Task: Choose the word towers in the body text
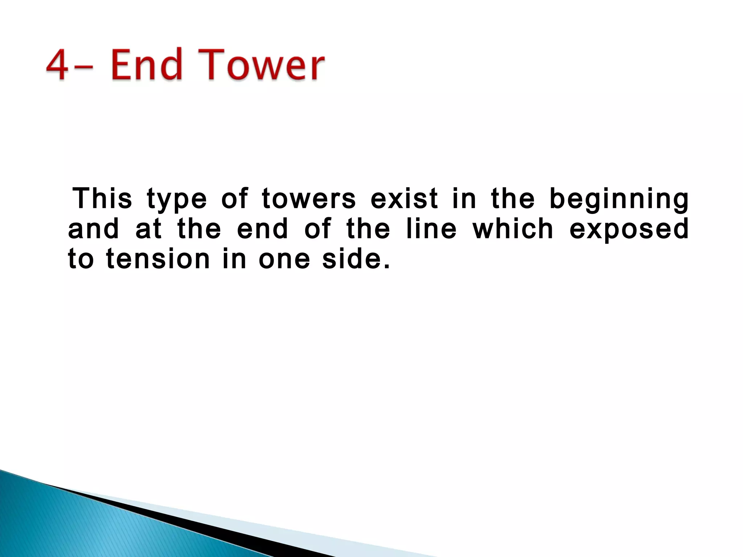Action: (309, 199)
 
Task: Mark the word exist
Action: (404, 199)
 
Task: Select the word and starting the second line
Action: (94, 229)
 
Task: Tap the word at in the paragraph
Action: (149, 229)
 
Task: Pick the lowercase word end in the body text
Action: (263, 229)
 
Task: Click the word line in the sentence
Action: (431, 229)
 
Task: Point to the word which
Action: (513, 229)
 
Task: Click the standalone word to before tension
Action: (81, 260)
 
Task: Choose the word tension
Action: (158, 260)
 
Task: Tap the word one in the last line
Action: (284, 260)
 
